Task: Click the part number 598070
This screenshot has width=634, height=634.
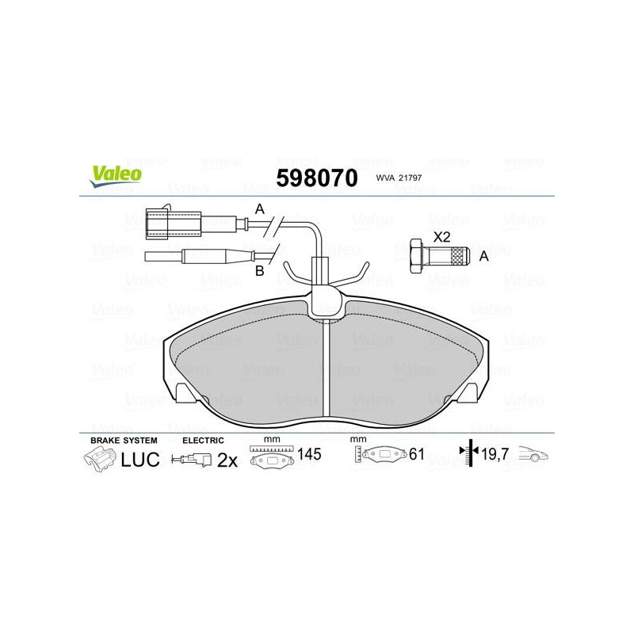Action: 317,178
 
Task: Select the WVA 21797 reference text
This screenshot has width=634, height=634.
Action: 399,178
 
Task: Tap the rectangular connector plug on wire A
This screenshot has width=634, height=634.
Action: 173,223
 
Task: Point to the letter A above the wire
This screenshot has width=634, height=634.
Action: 260,209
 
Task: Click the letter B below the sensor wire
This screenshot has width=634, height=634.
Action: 260,271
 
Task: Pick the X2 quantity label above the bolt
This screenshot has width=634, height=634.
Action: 441,237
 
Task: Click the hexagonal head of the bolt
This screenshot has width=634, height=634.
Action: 417,255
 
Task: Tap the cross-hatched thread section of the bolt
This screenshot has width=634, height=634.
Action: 458,256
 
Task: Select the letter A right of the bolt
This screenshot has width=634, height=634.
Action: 483,256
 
